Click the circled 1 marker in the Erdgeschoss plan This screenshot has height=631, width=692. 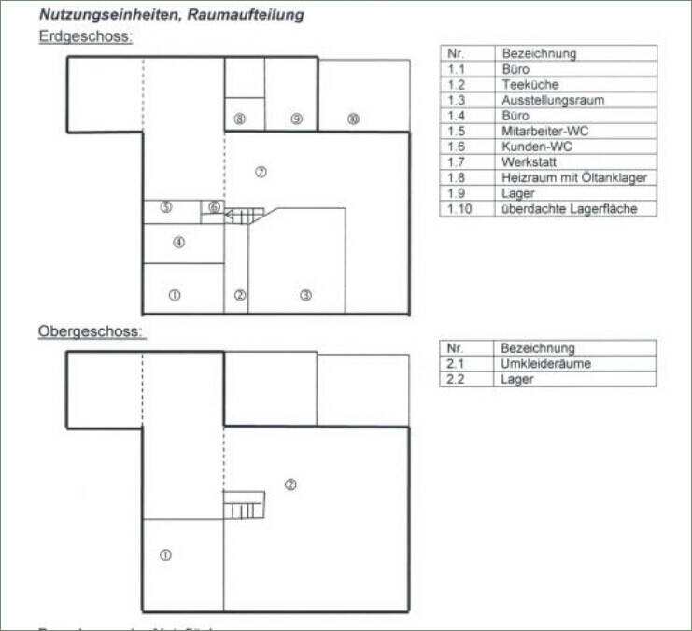pos(174,295)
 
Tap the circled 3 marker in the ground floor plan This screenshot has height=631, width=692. pos(305,295)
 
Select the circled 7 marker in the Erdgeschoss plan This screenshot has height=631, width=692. pos(261,172)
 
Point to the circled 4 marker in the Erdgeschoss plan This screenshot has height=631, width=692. pos(178,242)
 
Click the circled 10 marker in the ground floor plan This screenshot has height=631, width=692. pos(352,119)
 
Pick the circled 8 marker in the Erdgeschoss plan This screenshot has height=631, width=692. pos(240,119)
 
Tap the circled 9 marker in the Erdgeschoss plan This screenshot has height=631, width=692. pos(296,119)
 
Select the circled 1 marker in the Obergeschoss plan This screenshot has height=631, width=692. pos(165,554)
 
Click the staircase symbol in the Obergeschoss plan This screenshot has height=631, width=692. pos(244,506)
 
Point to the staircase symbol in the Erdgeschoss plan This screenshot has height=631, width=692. pos(246,216)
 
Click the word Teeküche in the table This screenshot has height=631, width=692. pos(530,85)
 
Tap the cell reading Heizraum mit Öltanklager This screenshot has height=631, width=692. pos(573,177)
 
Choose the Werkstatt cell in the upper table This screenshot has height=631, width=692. pos(530,162)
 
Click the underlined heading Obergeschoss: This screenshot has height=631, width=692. pos(91,331)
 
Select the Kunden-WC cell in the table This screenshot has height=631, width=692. pos(536,147)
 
